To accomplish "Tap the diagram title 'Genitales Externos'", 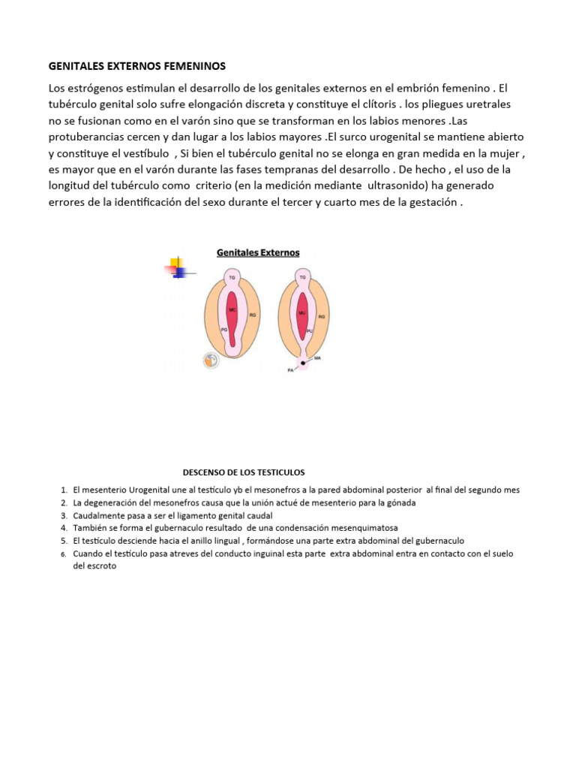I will click(x=258, y=253).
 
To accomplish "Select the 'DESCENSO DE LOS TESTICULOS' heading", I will click(x=244, y=472).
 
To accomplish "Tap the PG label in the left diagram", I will click(x=223, y=329).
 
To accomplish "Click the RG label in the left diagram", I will click(x=253, y=316).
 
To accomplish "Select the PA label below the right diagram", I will click(x=289, y=369).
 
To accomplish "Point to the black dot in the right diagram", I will click(x=304, y=363).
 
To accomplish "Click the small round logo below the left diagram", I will click(x=211, y=360).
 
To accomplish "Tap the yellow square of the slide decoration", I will click(x=176, y=263).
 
